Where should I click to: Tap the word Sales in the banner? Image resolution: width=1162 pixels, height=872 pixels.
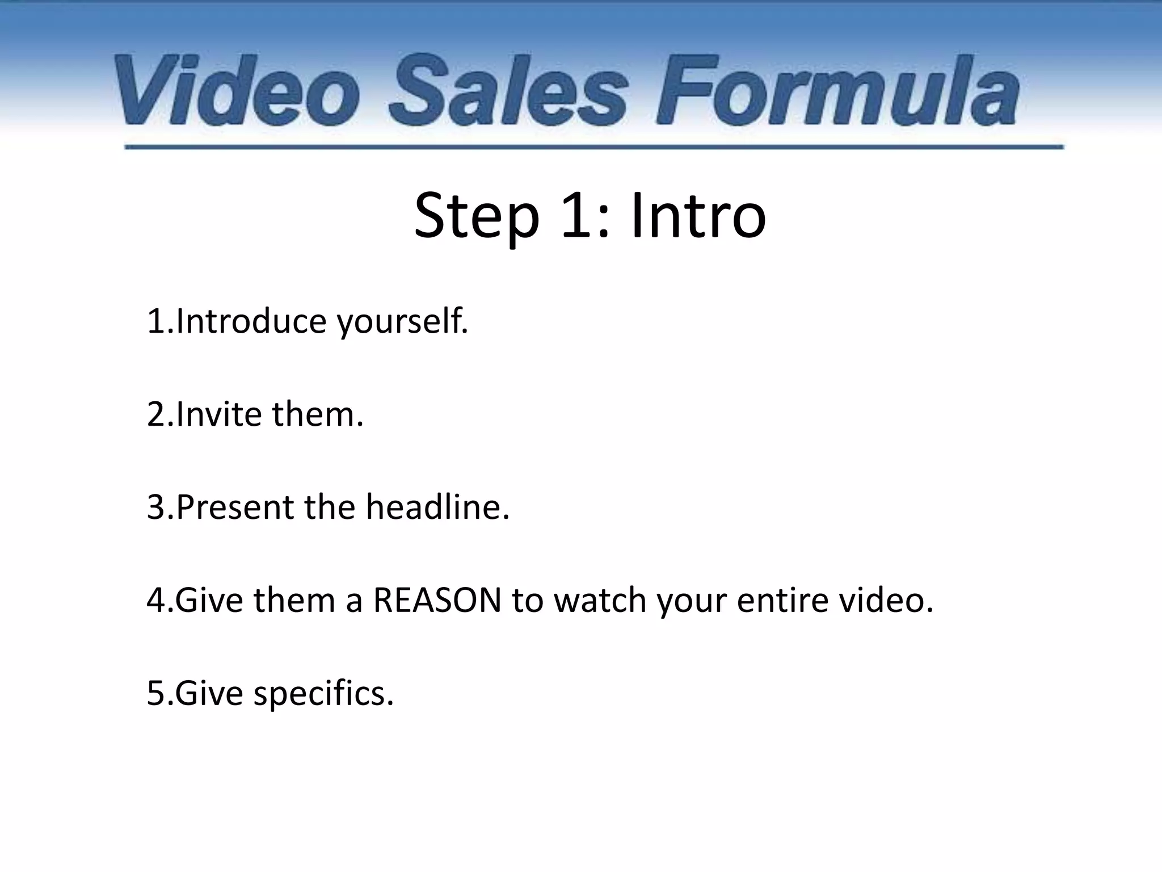[508, 90]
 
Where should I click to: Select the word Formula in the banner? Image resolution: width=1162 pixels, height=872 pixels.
[837, 90]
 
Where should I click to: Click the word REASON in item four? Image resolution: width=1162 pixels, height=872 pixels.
[437, 600]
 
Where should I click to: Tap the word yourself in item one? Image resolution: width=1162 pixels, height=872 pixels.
[403, 322]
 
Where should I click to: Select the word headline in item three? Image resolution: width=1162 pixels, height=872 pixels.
[437, 507]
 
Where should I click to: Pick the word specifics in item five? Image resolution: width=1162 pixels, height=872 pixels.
[323, 694]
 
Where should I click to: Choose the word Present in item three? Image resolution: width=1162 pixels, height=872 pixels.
[235, 507]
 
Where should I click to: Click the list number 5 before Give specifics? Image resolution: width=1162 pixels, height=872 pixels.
[155, 694]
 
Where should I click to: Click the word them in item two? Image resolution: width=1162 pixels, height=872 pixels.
[317, 414]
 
